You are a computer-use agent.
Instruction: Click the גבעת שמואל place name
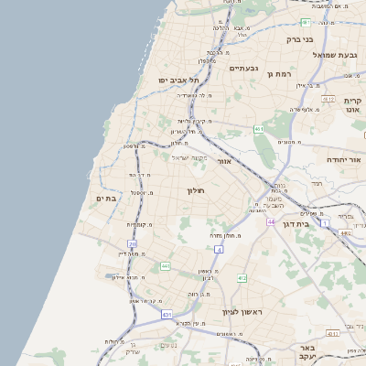(335, 55)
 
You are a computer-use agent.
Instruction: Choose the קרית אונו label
(353, 105)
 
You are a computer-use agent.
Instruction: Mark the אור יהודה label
(345, 159)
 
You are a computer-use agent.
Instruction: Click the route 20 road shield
(134, 244)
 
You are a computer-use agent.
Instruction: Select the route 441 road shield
(166, 266)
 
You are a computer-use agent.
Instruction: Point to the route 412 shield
(242, 277)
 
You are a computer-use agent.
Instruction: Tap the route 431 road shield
(167, 315)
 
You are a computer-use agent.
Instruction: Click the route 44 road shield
(272, 221)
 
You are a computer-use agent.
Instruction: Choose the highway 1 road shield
(323, 222)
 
